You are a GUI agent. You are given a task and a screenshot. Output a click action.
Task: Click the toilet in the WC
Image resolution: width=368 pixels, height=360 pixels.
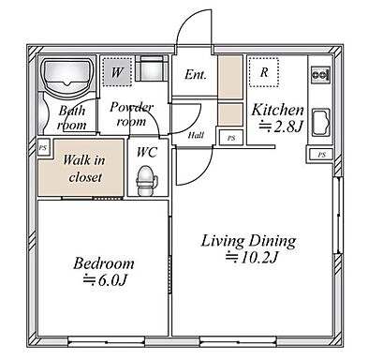(x=145, y=180)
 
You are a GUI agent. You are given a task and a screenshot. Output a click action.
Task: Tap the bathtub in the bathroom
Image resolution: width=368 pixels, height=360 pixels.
(x=67, y=74)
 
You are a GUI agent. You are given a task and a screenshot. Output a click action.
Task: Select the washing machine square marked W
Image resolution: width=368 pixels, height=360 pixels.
(x=117, y=72)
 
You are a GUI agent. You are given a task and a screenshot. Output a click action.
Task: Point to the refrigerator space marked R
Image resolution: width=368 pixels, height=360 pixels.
(x=264, y=72)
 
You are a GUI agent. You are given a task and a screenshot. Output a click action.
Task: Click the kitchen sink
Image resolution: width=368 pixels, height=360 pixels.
(x=320, y=123)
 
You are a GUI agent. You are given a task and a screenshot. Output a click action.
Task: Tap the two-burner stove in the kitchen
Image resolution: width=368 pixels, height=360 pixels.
(x=320, y=75)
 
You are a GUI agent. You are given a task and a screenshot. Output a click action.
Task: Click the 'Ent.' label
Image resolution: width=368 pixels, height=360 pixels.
(x=196, y=74)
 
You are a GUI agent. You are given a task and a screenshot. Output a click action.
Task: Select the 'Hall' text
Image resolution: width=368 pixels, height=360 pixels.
(x=196, y=135)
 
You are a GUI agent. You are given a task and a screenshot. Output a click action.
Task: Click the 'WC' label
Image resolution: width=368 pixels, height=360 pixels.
(x=147, y=152)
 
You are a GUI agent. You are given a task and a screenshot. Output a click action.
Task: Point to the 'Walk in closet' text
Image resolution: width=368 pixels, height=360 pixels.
(x=84, y=169)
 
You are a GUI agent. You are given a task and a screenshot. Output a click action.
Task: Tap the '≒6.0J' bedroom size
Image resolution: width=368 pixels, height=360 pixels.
(x=105, y=280)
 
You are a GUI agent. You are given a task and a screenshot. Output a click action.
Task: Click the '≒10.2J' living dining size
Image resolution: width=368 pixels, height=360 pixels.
(x=252, y=257)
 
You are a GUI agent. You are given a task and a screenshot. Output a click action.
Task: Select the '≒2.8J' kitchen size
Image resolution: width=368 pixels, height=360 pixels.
(x=281, y=126)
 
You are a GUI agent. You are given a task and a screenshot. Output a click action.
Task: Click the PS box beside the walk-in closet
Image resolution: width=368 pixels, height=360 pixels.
(x=42, y=148)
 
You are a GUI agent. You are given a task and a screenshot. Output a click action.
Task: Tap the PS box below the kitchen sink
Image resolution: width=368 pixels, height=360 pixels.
(x=321, y=155)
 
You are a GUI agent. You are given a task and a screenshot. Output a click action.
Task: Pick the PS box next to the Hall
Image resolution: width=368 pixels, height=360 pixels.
(x=231, y=138)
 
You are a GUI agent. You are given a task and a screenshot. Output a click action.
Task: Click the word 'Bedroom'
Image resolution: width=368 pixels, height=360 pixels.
(x=104, y=263)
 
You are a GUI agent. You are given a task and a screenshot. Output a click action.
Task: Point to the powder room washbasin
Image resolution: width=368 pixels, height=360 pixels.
(x=152, y=68)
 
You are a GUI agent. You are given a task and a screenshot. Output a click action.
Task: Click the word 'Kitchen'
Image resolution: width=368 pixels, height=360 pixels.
(x=277, y=110)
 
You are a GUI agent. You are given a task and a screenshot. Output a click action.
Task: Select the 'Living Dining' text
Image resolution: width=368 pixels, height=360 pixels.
(x=248, y=241)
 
